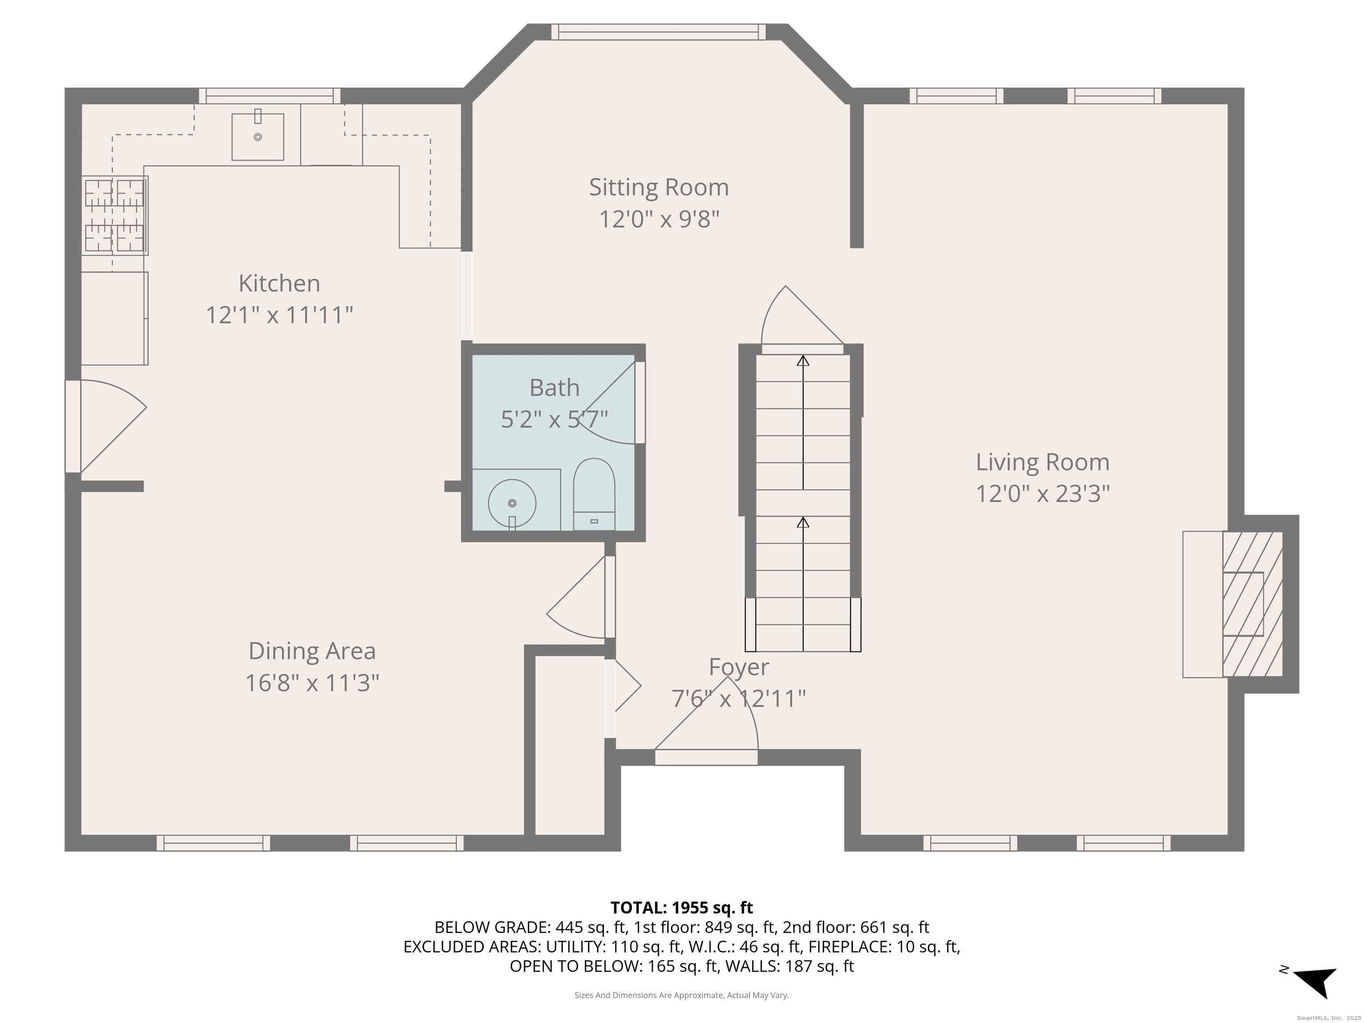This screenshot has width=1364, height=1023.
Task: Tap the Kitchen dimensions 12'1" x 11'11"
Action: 279,315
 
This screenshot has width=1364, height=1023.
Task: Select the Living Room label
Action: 1042,463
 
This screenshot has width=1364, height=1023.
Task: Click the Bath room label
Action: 555,388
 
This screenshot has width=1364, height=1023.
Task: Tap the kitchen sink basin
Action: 258,136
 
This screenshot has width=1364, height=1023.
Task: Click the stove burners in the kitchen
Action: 115,215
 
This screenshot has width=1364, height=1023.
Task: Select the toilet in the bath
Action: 594,494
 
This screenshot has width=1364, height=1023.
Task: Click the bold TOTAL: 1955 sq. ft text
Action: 682,908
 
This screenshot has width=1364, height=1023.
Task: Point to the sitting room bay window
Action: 658,32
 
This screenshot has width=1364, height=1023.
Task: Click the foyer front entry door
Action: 706,757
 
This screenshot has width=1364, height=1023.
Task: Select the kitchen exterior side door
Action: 73,426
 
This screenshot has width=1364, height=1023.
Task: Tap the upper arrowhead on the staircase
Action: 803,361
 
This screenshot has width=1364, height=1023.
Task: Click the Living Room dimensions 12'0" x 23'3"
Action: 1042,494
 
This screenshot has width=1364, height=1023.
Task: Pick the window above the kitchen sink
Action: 270,96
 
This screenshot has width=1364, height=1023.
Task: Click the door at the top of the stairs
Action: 802,349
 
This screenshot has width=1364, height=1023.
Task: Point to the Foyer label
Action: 739,667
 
